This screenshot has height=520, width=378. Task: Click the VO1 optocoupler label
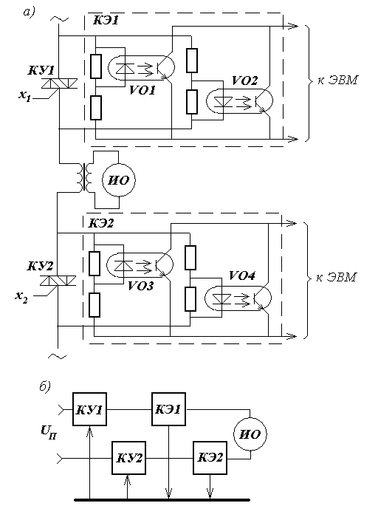click(142, 90)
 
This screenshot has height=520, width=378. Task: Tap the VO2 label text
click(244, 81)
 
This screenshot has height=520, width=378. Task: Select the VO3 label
click(140, 286)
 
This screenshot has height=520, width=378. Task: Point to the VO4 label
click(242, 276)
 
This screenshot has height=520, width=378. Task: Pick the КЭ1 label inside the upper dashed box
click(106, 21)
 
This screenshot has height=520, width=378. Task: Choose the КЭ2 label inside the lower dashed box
click(101, 223)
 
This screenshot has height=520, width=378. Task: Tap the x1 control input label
click(24, 96)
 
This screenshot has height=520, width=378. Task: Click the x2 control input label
click(21, 297)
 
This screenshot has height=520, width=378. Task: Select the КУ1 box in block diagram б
click(89, 409)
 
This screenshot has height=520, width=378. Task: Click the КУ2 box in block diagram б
click(128, 458)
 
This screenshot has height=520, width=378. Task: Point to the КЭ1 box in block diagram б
click(168, 409)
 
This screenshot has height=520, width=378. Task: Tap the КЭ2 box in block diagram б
click(210, 458)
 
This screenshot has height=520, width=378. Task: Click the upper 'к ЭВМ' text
click(337, 81)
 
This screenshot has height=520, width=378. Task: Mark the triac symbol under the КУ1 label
click(58, 83)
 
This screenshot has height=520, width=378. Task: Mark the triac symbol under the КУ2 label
click(58, 281)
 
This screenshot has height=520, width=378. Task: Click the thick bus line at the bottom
click(162, 500)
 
